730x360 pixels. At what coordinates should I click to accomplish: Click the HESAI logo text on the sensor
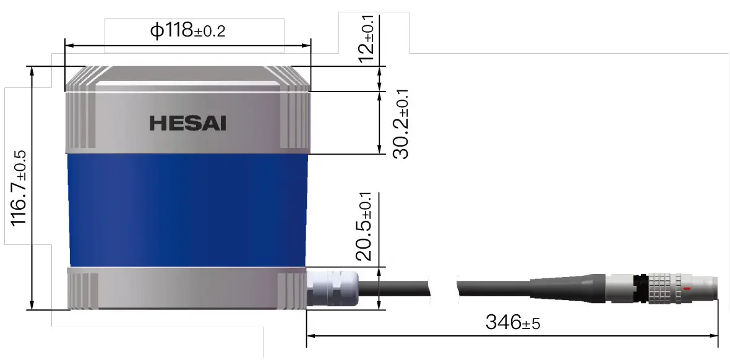coord(187,123)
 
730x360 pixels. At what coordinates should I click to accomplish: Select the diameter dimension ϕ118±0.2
coord(187,30)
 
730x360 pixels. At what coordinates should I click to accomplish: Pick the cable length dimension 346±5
coord(512,322)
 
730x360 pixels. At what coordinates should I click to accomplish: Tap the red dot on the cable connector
coord(687,289)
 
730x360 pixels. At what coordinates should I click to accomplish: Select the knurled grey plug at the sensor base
coord(332,288)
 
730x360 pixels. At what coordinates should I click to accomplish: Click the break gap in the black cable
coord(443,287)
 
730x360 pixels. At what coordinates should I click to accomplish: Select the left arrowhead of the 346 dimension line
coord(311,336)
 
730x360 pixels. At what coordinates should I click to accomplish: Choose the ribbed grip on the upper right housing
coord(293,121)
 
